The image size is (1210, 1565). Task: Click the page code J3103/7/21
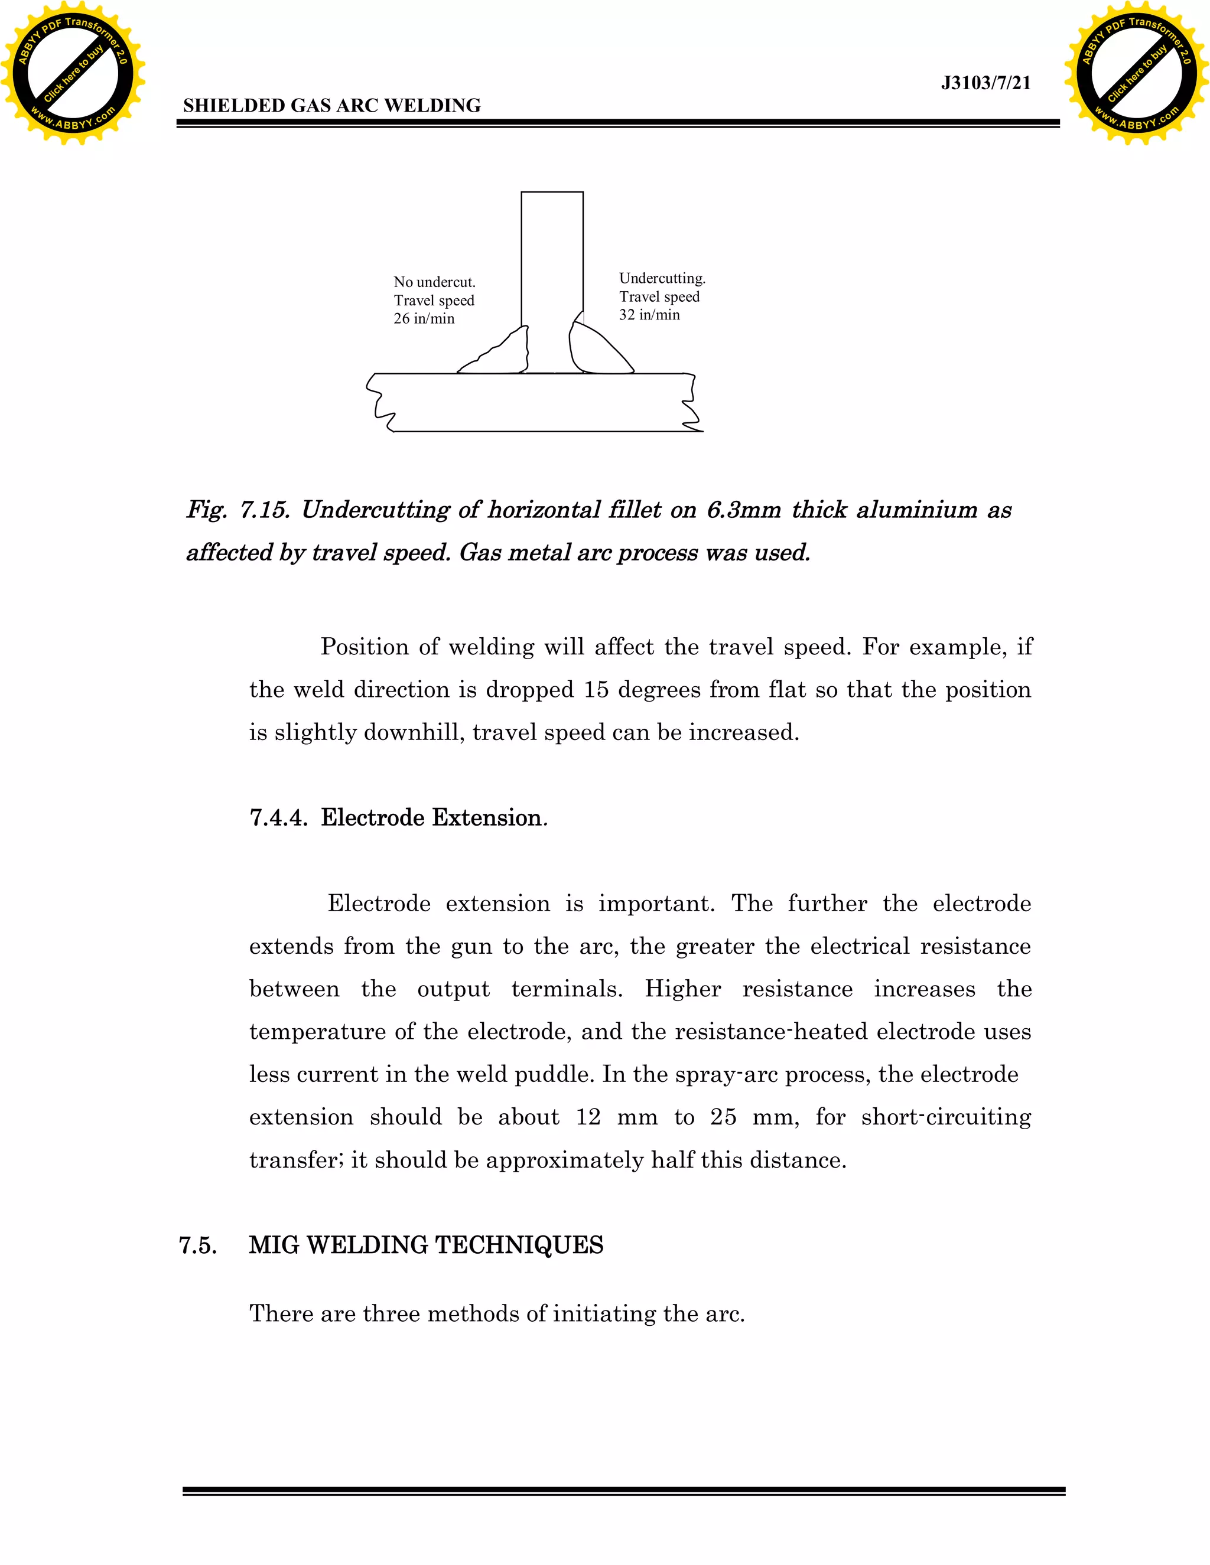[x=985, y=83]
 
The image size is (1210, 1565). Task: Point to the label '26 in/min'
[x=424, y=319]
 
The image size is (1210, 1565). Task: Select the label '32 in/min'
[x=649, y=315]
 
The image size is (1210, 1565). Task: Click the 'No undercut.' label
[x=434, y=282]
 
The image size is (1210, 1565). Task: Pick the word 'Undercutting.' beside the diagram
[x=662, y=278]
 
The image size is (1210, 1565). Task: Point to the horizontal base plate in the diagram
[x=534, y=403]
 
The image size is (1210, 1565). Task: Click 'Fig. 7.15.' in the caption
[x=238, y=510]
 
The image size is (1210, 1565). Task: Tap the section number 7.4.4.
[x=278, y=817]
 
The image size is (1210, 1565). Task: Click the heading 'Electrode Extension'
[x=431, y=817]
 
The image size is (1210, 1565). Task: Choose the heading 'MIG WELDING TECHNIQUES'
[x=426, y=1246]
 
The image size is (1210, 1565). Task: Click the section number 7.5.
[x=198, y=1246]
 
